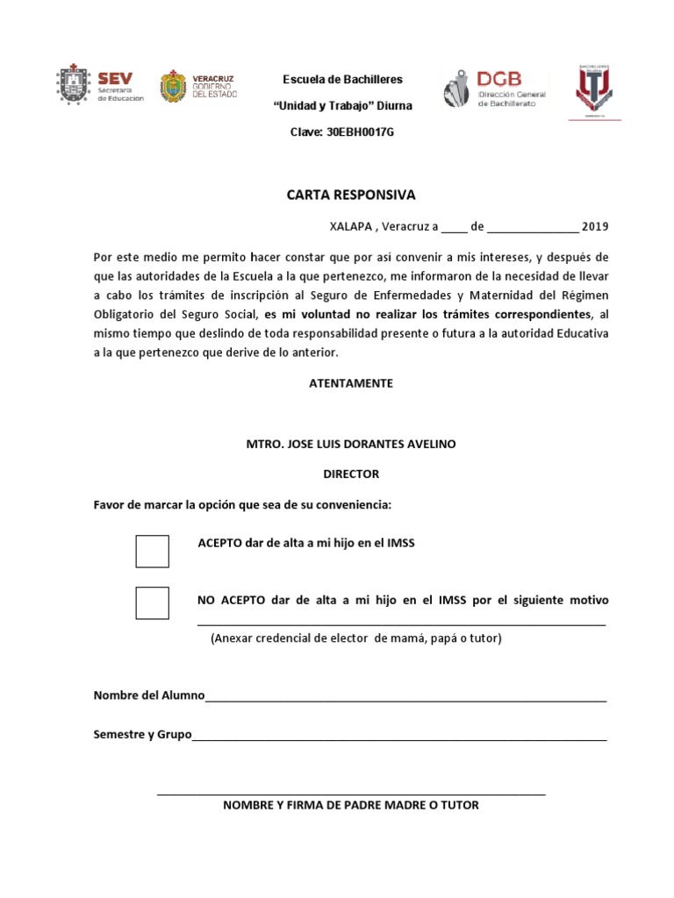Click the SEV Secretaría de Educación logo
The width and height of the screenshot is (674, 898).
tap(99, 86)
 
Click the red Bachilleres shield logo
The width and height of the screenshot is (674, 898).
tap(598, 91)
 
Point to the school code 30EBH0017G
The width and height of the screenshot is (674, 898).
tap(342, 132)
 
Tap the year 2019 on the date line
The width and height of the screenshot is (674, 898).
tap(594, 226)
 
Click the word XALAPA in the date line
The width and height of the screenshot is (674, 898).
tap(349, 226)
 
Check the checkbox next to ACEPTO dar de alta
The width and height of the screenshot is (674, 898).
tap(153, 551)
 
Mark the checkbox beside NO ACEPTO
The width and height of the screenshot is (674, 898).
tap(153, 602)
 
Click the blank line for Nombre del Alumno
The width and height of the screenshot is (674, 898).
tap(405, 700)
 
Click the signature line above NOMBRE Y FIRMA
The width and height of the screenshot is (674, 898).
tap(351, 793)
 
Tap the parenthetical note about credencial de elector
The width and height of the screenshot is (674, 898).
tap(355, 638)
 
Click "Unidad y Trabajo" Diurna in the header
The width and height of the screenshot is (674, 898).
tap(342, 105)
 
